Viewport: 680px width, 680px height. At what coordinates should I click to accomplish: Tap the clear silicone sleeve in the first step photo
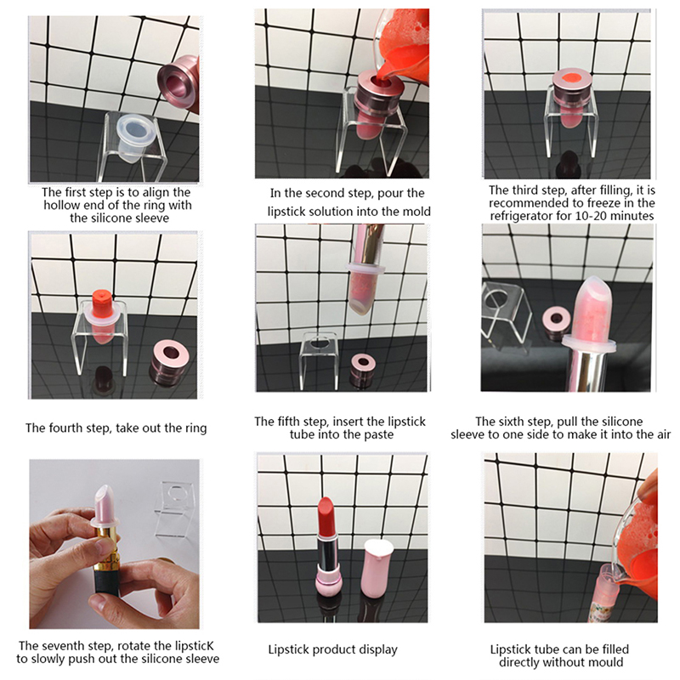point(134,138)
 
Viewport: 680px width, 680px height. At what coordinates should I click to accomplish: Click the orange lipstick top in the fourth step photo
point(102,301)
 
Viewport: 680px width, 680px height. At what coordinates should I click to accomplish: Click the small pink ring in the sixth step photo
point(556,323)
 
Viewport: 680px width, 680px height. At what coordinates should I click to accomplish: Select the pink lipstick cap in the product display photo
point(377,568)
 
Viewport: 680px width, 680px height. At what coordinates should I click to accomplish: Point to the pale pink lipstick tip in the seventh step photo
point(105,502)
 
